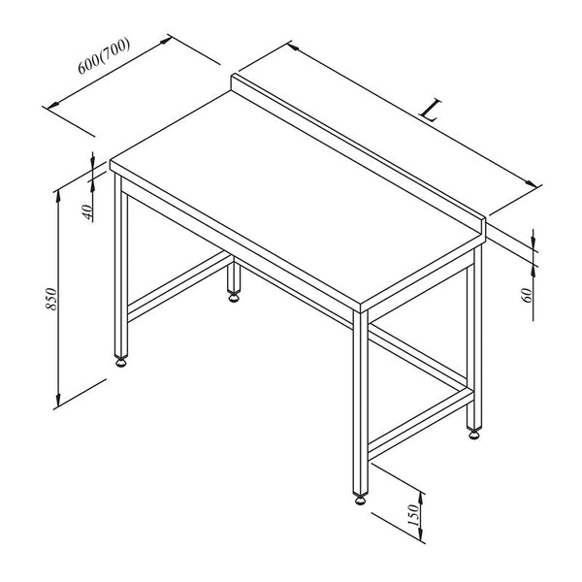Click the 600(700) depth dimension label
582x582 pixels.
pos(104,55)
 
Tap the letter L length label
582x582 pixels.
pos(431,111)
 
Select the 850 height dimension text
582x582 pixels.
pos(50,299)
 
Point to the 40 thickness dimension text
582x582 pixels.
pos(87,212)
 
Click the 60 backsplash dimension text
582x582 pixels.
pos(528,295)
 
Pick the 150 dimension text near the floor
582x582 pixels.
pos(414,514)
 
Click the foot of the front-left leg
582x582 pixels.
pos(121,362)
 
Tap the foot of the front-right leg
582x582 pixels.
pos(361,500)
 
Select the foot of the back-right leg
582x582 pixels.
pos(474,434)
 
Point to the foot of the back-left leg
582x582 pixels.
pos(234,298)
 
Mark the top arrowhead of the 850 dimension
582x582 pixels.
pos(58,198)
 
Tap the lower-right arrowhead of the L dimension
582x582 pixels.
pos(531,183)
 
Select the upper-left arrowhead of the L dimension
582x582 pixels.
pos(293,47)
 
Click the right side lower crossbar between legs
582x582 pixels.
pos(421,424)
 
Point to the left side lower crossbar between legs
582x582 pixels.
pos(178,286)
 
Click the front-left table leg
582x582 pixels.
pos(121,266)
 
